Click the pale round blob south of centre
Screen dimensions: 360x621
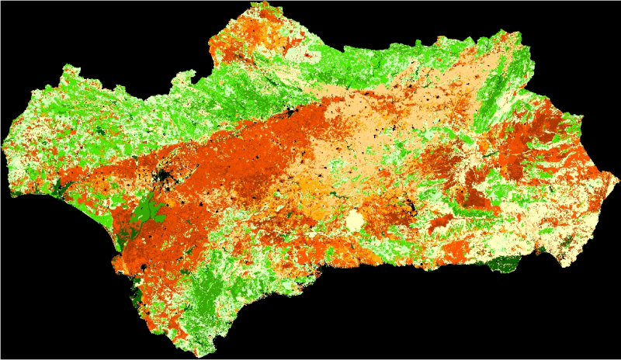pyautogui.click(x=356, y=221)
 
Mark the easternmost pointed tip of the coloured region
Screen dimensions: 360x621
pyautogui.click(x=618, y=178)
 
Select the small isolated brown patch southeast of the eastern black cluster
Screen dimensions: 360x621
pyautogui.click(x=439, y=223)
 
